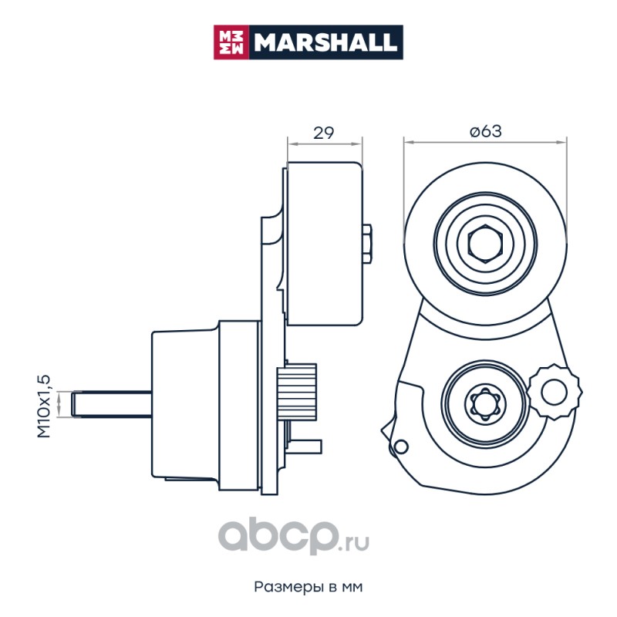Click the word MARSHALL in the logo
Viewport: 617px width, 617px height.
325,42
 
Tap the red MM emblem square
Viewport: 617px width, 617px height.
231,42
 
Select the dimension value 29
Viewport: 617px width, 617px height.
323,133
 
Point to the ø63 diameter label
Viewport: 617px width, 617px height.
486,131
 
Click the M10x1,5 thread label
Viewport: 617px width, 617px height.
43,406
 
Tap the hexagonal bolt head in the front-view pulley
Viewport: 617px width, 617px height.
486,244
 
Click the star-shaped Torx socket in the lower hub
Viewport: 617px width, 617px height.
485,403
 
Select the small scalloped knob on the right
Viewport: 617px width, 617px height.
555,392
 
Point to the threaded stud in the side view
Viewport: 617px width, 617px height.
112,404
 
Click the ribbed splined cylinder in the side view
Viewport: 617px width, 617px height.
297,393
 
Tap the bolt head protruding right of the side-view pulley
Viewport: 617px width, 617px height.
367,244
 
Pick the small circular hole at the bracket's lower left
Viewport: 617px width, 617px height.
401,447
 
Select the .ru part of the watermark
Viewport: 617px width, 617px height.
354,543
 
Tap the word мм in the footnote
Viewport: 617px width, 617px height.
352,588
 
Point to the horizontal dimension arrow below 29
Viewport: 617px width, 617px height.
325,144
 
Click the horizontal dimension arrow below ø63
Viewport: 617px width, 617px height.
486,143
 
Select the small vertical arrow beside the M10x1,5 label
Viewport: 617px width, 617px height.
59,404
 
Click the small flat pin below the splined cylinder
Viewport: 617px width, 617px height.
305,447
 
